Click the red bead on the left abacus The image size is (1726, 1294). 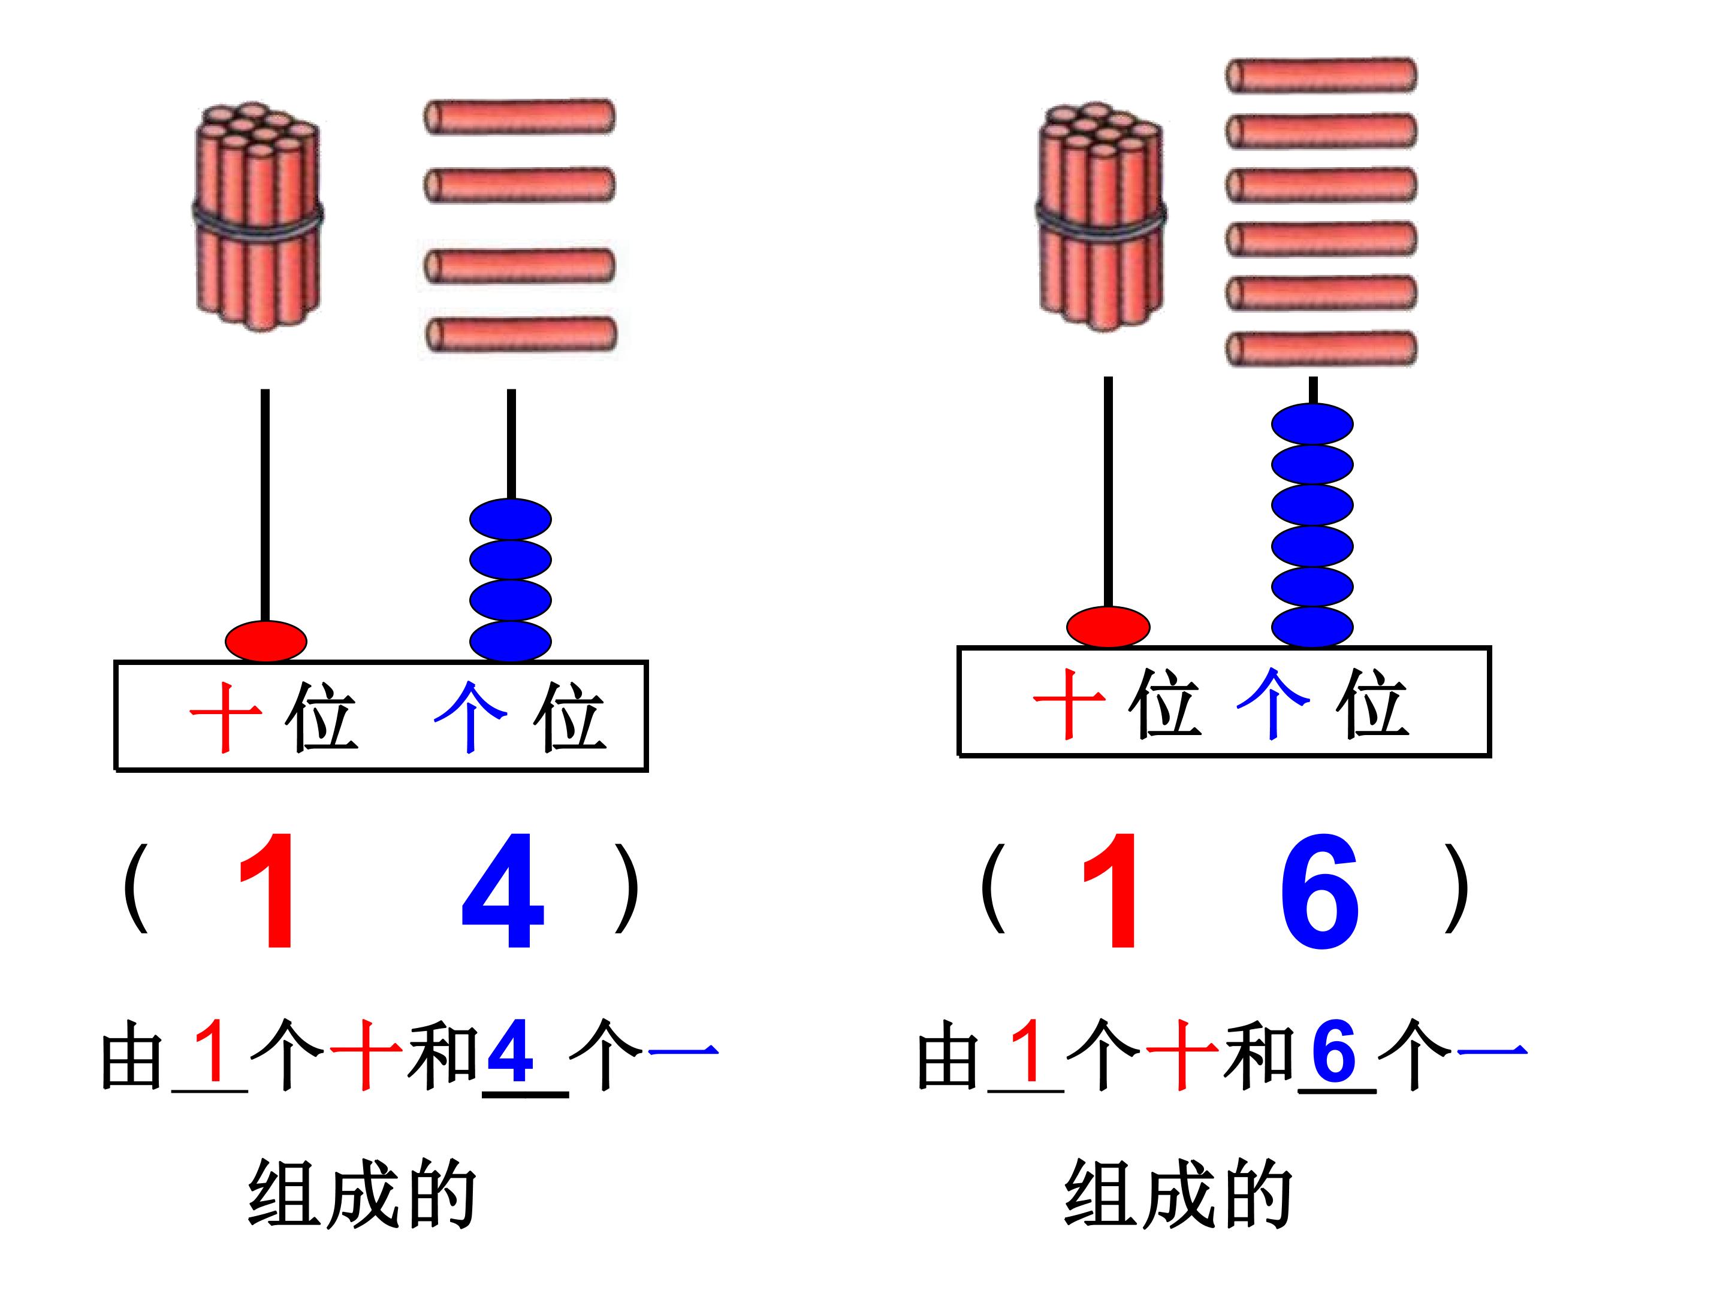(266, 641)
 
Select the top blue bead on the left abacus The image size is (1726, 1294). (511, 519)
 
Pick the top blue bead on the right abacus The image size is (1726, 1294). (1312, 424)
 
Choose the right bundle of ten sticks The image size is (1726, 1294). (1102, 216)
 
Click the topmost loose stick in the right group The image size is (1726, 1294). (1321, 75)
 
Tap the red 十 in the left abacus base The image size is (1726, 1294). (225, 717)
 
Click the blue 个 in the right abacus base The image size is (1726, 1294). (1273, 703)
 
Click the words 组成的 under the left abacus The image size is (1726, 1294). (362, 1194)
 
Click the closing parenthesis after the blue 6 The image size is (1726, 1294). (1456, 888)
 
